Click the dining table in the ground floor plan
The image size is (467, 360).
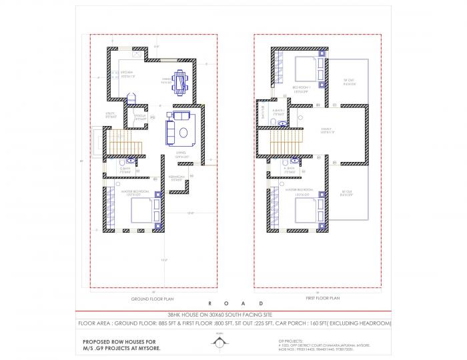point(181,81)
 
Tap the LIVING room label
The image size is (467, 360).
point(181,154)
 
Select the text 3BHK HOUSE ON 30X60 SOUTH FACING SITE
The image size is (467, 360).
point(233,313)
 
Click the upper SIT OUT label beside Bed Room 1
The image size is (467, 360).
point(349,81)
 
